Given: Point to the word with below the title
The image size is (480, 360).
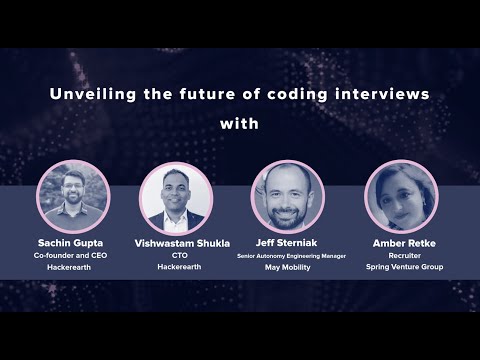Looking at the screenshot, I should point(240,125).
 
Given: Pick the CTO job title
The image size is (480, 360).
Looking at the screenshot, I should point(176,256).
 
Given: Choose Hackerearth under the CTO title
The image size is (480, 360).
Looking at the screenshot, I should point(176,268).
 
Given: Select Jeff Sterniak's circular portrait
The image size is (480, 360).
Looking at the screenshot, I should point(287,195).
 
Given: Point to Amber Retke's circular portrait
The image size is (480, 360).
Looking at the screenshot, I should point(400,195).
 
